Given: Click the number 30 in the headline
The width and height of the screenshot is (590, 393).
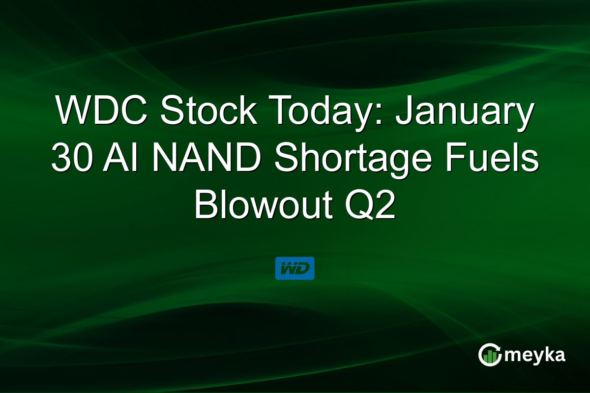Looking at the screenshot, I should pos(72,159).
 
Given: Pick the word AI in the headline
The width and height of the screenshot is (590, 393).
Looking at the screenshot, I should pos(116,159).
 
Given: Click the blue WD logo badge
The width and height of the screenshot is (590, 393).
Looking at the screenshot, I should pos(295,268).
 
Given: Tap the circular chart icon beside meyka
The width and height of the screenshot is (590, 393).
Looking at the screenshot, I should pos(490,354).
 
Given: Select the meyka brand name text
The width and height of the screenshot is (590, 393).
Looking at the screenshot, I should pos(535,355).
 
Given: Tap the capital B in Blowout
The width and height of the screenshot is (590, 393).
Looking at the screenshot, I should pos(206,206).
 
